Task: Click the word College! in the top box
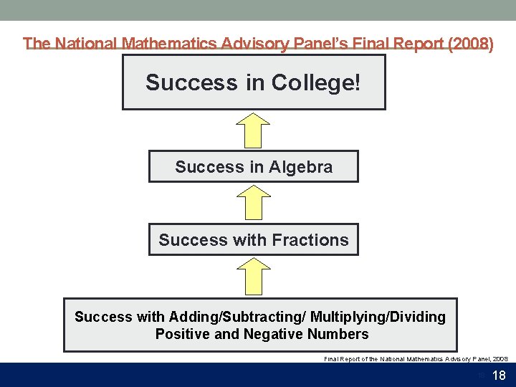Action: click(315, 83)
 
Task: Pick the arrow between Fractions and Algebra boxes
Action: click(253, 203)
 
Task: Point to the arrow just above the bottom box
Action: click(253, 277)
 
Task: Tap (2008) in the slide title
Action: click(469, 44)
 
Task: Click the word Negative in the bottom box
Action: click(274, 335)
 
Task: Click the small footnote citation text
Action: click(416, 358)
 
